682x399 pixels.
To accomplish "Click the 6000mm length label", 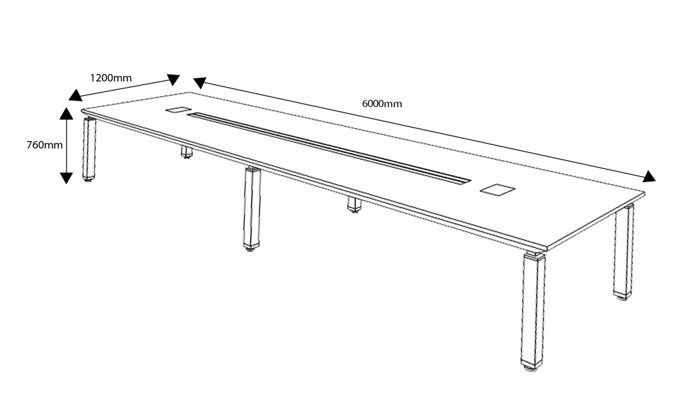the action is [382, 104].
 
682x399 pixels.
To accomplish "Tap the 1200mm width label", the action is [111, 78].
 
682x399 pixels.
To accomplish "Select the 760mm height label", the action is [45, 145].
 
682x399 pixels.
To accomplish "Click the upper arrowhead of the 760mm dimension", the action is [66, 113].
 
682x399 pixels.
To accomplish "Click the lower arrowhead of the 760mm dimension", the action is [66, 178].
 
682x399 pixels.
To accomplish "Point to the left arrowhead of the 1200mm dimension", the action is [75, 96].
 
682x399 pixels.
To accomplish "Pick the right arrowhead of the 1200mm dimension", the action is [174, 79].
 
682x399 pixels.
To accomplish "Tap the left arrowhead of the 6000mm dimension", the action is [199, 82].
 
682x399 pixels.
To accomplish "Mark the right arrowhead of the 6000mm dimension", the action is [649, 176].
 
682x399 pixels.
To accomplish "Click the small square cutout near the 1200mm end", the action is [178, 110].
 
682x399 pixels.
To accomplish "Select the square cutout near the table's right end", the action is [498, 190].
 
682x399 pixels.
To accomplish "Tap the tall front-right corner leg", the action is [533, 310].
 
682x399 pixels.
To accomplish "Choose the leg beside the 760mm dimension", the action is [89, 148].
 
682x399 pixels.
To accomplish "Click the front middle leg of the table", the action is [252, 207].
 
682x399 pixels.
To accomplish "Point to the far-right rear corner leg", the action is [623, 251].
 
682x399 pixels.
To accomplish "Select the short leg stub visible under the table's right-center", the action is [354, 205].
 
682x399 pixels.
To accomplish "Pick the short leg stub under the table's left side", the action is [186, 152].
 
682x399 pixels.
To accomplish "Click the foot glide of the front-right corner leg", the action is [531, 367].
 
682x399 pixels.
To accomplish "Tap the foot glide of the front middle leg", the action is [250, 249].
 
